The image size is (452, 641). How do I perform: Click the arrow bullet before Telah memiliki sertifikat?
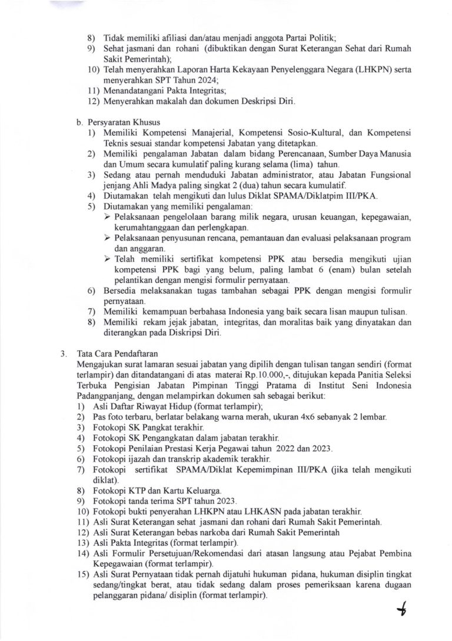click(108, 259)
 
